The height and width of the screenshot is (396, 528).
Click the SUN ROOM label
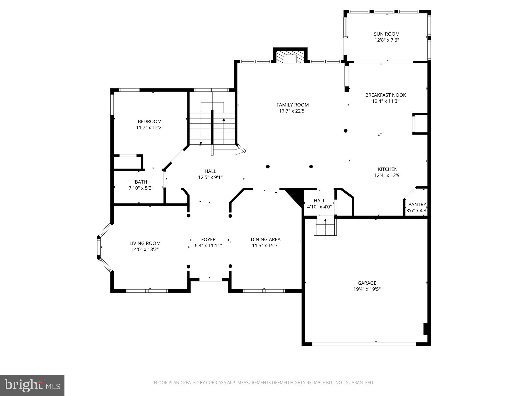[x=386, y=34]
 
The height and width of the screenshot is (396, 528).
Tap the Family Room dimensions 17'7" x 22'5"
[x=292, y=111]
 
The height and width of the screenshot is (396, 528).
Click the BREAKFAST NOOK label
[x=385, y=95]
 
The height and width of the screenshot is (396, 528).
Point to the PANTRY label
[x=417, y=204]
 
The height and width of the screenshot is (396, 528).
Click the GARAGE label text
[x=367, y=283]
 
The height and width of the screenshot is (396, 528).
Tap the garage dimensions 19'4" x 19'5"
[x=367, y=289]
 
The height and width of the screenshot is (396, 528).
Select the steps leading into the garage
[x=325, y=227]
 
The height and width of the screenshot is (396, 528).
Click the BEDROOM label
[x=150, y=121]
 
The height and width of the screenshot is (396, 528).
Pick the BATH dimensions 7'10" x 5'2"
[x=141, y=188]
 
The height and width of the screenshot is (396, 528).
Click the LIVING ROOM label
[x=145, y=243]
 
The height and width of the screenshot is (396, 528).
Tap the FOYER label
[x=208, y=240]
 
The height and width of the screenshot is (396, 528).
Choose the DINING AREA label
[x=266, y=240]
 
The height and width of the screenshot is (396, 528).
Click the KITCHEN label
[x=387, y=169]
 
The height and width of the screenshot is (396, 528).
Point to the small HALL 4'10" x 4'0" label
[x=319, y=201]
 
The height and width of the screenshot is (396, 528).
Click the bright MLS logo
[x=32, y=385]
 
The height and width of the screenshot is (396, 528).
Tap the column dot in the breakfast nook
[x=345, y=131]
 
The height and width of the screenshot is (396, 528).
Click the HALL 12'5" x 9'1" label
[x=210, y=171]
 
